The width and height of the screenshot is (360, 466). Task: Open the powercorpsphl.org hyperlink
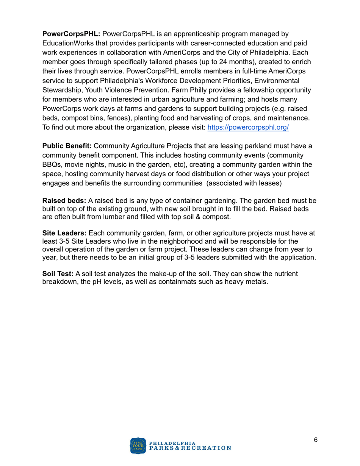[x=248, y=128]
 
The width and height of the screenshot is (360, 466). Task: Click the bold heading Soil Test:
[x=58, y=274]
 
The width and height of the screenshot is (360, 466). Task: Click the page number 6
[x=316, y=440]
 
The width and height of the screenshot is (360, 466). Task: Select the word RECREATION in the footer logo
[x=210, y=448]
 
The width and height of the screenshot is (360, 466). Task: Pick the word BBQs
[x=51, y=165]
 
